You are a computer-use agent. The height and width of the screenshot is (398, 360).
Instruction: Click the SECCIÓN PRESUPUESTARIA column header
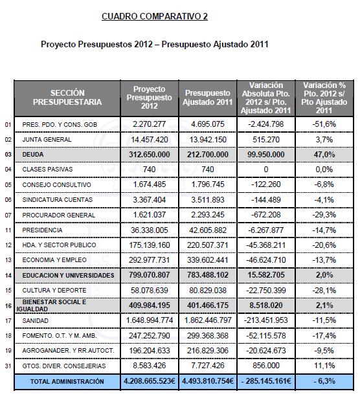click(x=67, y=98)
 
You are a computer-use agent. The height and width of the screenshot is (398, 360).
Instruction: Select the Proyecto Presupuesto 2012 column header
click(x=150, y=97)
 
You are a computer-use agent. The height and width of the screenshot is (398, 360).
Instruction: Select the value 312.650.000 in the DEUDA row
click(x=150, y=155)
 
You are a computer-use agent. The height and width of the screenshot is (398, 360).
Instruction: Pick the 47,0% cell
click(x=324, y=155)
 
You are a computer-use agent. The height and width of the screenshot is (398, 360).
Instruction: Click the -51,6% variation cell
click(x=324, y=124)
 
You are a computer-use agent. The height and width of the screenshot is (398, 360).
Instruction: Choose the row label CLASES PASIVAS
click(x=43, y=170)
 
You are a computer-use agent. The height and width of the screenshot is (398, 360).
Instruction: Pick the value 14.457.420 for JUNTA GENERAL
click(x=150, y=139)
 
